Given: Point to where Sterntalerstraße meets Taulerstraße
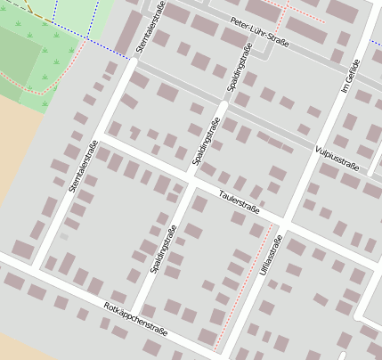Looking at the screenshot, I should click(102, 138).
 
